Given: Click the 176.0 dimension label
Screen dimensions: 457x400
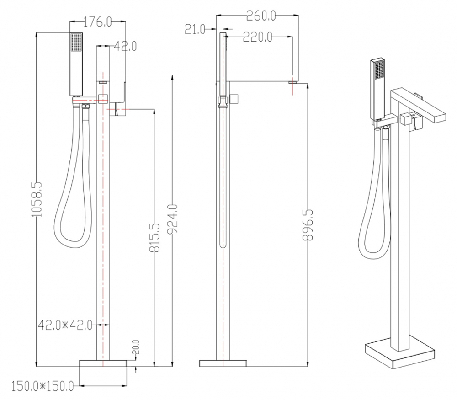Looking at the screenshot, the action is (98, 21).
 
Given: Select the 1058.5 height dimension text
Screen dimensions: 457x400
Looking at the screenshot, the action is (37, 199).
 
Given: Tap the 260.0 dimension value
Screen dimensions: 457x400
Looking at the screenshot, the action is (261, 16).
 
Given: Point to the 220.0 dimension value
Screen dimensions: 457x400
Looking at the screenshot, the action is (258, 37).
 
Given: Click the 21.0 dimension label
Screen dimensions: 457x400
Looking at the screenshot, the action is (195, 29).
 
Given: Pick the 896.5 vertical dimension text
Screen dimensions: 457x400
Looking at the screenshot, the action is (308, 224).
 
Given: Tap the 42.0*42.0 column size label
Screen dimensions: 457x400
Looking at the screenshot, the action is (65, 325).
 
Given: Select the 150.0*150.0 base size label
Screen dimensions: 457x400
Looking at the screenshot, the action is (42, 386).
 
